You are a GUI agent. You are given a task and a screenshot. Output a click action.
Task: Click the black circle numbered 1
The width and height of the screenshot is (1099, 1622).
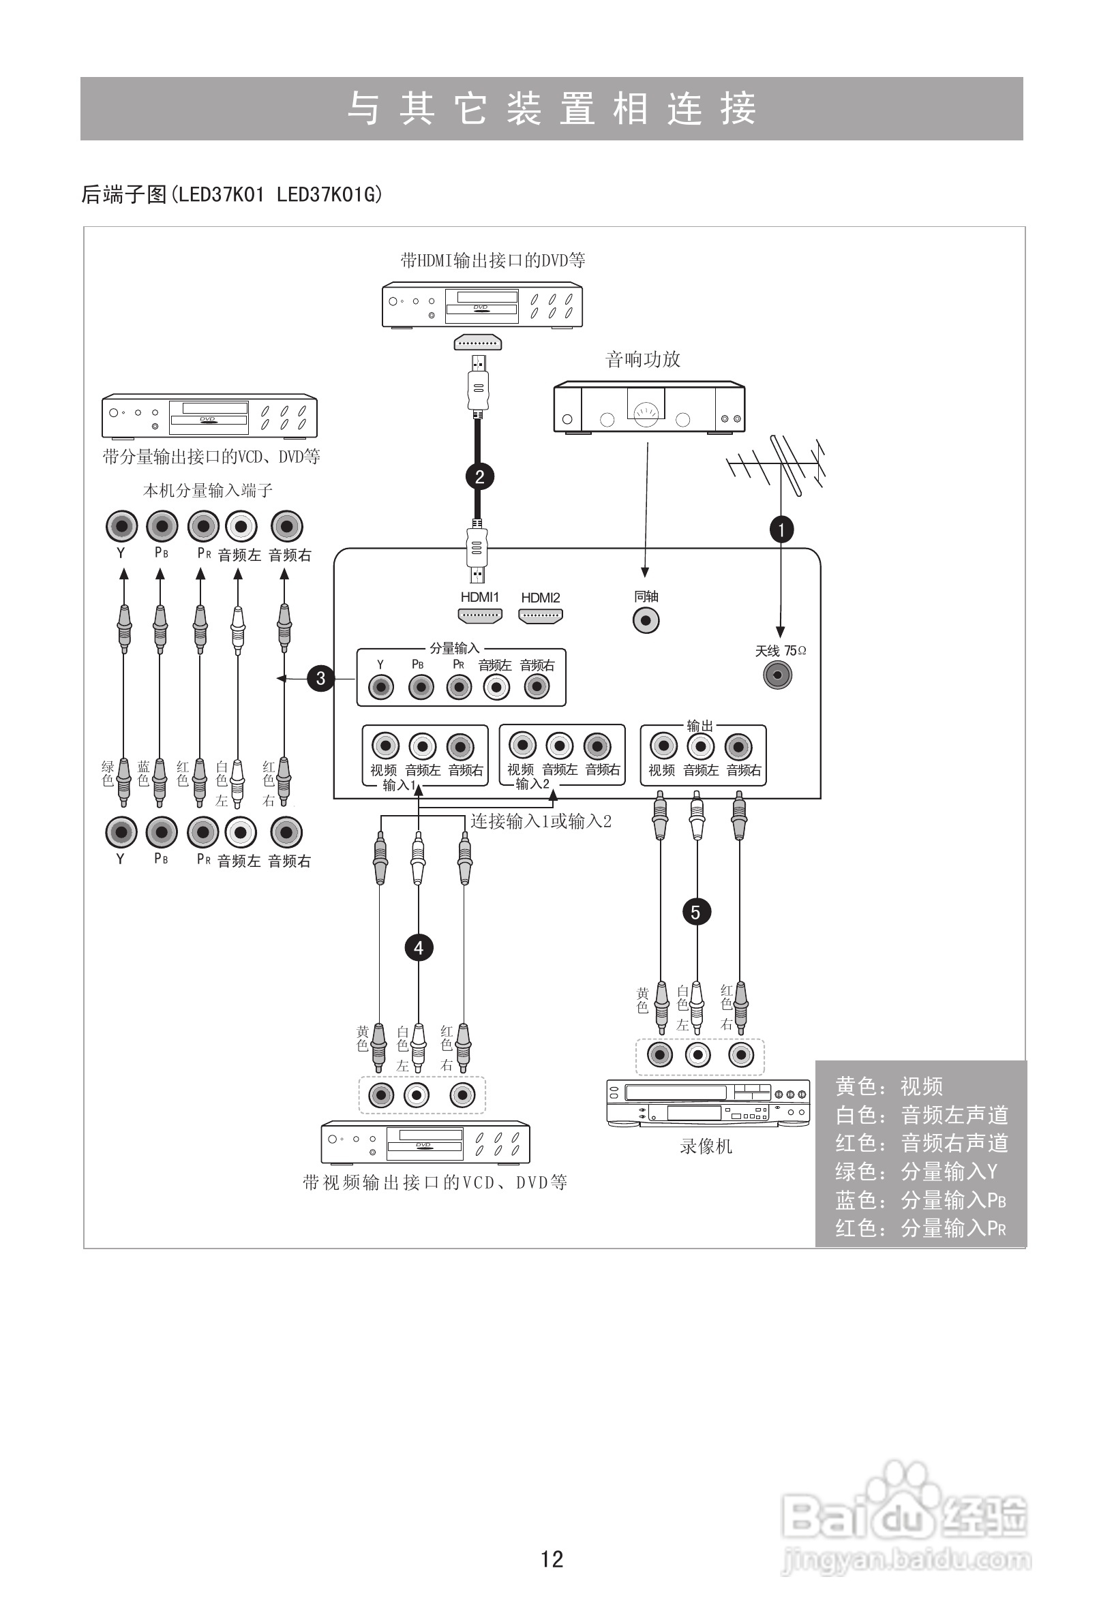(781, 530)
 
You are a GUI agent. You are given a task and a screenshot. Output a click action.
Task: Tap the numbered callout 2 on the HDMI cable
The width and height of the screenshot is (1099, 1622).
(479, 476)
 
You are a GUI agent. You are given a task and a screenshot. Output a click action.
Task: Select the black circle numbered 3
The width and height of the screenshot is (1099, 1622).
(320, 677)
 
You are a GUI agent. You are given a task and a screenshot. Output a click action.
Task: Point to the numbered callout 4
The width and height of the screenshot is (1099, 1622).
(418, 947)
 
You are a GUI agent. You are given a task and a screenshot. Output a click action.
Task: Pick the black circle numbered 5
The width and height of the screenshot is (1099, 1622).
(695, 911)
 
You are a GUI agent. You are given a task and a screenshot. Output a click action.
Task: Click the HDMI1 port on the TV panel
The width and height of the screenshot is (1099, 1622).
(480, 615)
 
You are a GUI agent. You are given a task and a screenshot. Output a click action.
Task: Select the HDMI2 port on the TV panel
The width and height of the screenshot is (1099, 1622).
(541, 615)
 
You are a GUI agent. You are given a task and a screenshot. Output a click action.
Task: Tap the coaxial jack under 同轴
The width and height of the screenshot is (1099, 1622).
(645, 619)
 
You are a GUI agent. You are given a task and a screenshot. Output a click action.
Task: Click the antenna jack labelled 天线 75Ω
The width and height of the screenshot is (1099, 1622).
(777, 675)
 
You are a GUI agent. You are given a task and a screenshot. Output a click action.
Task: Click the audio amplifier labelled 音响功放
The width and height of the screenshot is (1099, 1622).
(648, 407)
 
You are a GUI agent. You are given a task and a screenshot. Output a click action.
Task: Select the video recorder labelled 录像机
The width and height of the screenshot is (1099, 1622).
(708, 1103)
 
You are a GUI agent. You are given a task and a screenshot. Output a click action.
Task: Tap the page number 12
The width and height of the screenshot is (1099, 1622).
(552, 1559)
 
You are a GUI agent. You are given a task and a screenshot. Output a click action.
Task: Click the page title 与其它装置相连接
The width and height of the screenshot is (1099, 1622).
(552, 109)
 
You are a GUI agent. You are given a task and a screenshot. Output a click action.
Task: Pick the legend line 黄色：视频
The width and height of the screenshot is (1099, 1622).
(888, 1087)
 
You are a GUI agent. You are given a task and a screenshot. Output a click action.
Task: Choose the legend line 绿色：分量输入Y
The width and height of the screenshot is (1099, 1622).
(916, 1171)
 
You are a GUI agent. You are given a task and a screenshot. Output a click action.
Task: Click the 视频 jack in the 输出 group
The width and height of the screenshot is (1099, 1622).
(663, 746)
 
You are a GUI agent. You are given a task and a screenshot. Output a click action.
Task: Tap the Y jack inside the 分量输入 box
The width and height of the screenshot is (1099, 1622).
(380, 688)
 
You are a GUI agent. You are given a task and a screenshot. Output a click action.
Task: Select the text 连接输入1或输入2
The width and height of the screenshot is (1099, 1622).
(541, 821)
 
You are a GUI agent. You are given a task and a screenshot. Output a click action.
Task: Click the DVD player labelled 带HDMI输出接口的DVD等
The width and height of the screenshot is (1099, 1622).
(482, 305)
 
